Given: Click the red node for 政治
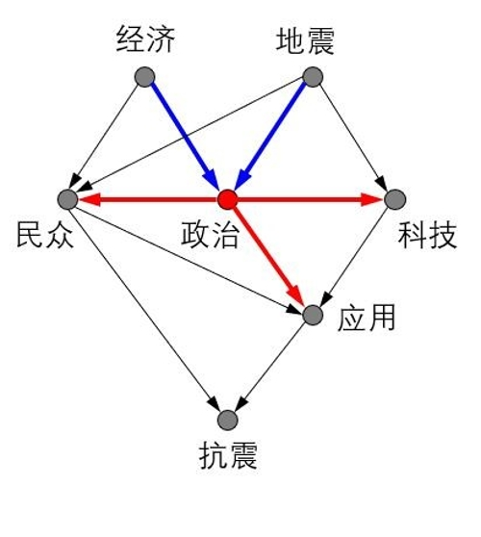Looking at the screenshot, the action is tap(228, 199).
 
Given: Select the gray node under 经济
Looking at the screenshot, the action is tap(145, 77).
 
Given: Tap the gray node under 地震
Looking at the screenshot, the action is tap(313, 77).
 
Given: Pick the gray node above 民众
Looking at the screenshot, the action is tap(67, 199).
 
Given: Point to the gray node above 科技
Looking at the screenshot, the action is tap(395, 199).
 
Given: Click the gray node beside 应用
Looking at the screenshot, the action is tap(313, 315).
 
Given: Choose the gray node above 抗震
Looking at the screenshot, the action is tap(228, 420).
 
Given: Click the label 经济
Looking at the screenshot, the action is tap(146, 40).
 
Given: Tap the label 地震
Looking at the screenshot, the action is tap(305, 41).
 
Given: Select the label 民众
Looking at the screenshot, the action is tap(45, 235).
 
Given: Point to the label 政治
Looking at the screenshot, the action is tap(210, 235).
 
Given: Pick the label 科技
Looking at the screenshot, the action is tap(427, 235).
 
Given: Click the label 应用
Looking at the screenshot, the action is tap(367, 318).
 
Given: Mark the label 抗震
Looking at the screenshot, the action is tap(228, 455).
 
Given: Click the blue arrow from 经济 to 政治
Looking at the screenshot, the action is tap(185, 136).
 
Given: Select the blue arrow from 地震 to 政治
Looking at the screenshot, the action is tap(270, 136).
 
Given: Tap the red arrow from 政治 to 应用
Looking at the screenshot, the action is tap(268, 255).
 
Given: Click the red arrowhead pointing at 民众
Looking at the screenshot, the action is tap(89, 199).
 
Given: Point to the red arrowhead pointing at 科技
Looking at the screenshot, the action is tap(372, 199).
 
